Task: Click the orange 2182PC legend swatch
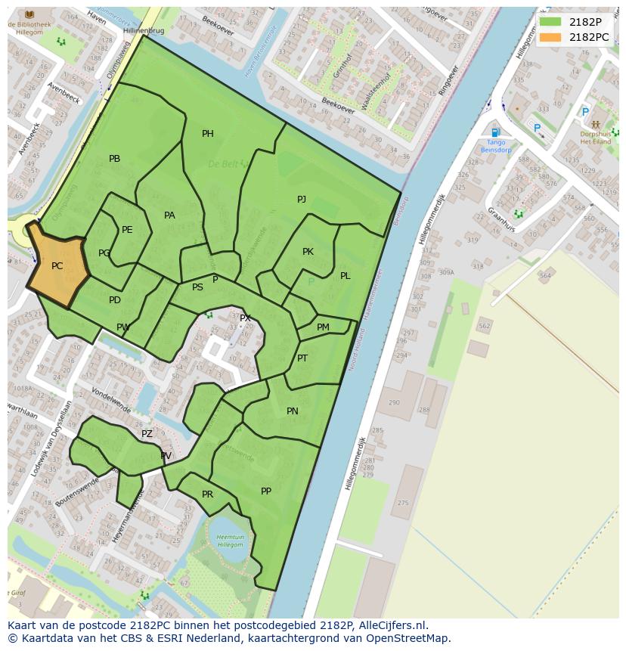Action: point(550,37)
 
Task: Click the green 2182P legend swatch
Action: point(550,22)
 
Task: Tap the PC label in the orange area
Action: point(57,266)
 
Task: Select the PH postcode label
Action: point(207,134)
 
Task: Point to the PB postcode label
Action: point(114,159)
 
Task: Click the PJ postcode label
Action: point(302,200)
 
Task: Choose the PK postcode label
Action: point(308,252)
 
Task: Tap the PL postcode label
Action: point(345,276)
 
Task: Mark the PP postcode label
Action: point(266,491)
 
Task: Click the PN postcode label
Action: point(293,412)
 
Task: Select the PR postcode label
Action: point(207,494)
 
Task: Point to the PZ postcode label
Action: point(147,434)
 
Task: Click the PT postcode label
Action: point(302,358)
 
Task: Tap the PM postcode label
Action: point(323,327)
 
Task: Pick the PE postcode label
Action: point(127,230)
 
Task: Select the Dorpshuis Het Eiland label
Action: point(595,138)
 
